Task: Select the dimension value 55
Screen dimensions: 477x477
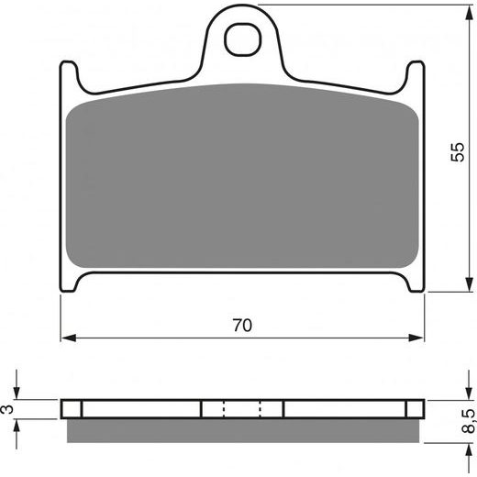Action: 459,153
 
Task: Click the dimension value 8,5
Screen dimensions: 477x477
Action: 469,419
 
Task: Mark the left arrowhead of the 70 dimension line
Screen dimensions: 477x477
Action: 67,338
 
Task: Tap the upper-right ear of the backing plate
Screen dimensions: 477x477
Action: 417,73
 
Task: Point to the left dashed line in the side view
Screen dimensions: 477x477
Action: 224,409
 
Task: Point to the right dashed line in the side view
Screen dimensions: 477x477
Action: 261,409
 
